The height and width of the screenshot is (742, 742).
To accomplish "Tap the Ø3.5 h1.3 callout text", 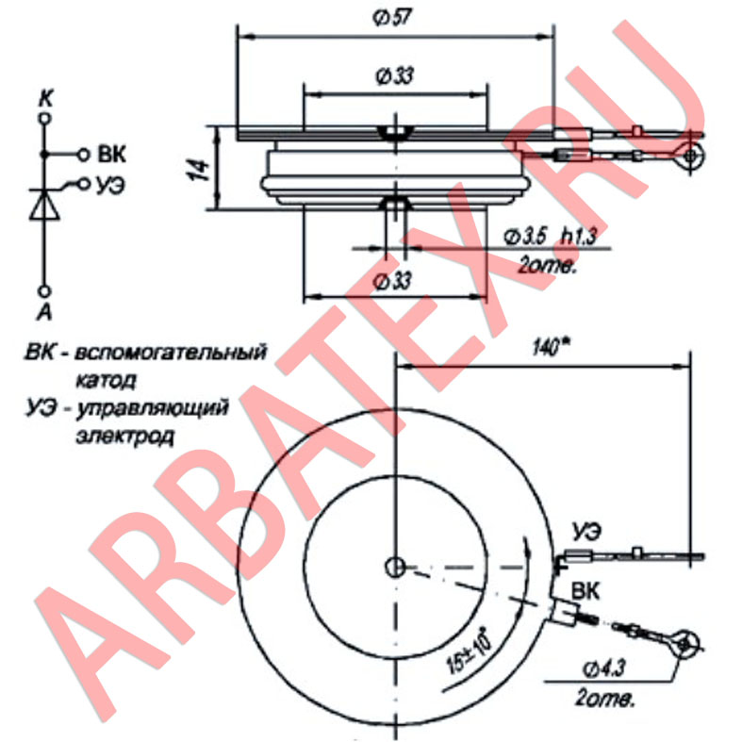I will click(552, 236).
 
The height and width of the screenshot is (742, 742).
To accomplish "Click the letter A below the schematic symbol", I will click(43, 311).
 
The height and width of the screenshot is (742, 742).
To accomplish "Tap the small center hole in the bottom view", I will click(394, 566).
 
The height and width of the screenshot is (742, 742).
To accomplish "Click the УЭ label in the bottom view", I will click(585, 528).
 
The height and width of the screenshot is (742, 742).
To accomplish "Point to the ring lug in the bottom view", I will click(686, 646).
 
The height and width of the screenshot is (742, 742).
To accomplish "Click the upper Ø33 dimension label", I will click(394, 77).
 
